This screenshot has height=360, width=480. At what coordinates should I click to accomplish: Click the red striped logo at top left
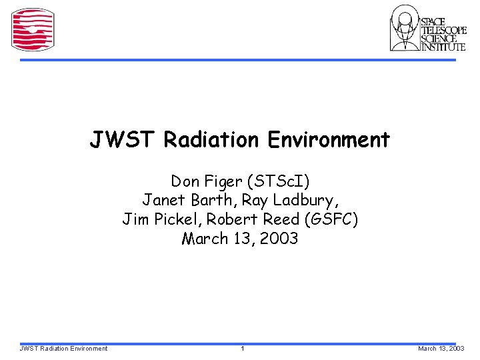[x=33, y=29]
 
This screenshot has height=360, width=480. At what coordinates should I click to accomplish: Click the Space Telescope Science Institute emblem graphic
[x=405, y=28]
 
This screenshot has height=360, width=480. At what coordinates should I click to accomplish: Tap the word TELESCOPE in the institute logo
[x=443, y=30]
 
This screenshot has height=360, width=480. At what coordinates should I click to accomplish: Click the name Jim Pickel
[x=161, y=219]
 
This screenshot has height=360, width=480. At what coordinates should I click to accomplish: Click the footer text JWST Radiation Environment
[x=64, y=349]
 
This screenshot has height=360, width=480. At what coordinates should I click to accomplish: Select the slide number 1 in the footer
[x=243, y=349]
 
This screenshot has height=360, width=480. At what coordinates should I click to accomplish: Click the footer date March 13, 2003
[x=441, y=349]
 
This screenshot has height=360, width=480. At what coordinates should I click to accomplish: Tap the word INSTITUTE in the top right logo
[x=443, y=47]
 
